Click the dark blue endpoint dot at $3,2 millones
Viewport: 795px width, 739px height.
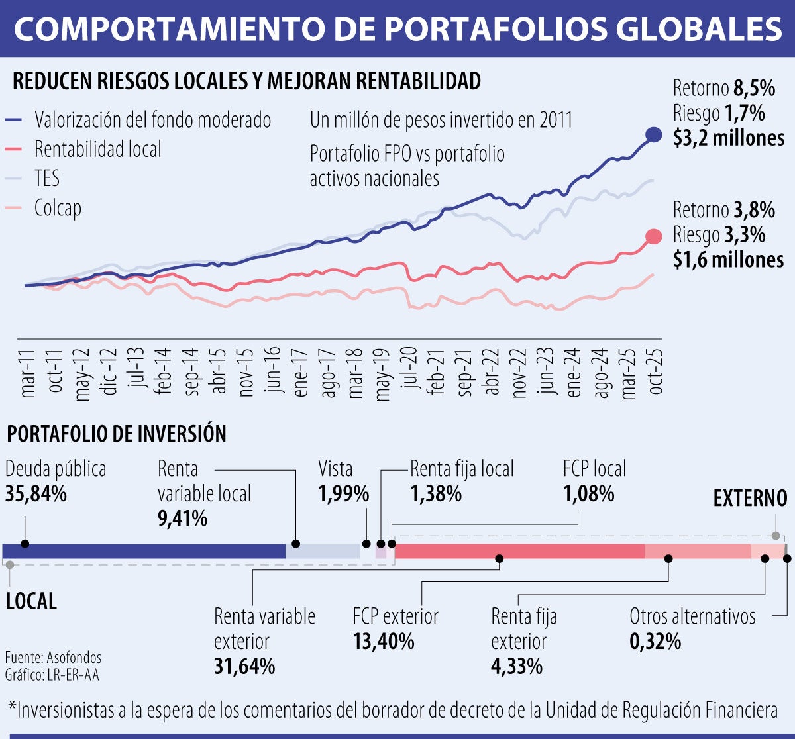pyautogui.click(x=653, y=134)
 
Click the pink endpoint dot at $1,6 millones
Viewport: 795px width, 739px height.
pyautogui.click(x=653, y=237)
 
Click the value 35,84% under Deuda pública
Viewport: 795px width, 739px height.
pyautogui.click(x=36, y=494)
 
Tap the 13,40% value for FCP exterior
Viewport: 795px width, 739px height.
pyautogui.click(x=384, y=642)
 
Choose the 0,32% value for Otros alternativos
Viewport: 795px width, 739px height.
pyautogui.click(x=655, y=642)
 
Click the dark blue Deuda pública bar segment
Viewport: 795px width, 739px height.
pyautogui.click(x=144, y=551)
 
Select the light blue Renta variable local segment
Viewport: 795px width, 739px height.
pyautogui.click(x=323, y=551)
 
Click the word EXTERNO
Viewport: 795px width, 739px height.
pyautogui.click(x=750, y=499)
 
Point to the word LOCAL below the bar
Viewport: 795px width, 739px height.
pyautogui.click(x=31, y=601)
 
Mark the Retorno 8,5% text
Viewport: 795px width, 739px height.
pyautogui.click(x=723, y=88)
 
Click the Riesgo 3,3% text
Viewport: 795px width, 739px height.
pyautogui.click(x=719, y=235)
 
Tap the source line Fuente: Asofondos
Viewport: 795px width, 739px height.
pyautogui.click(x=53, y=658)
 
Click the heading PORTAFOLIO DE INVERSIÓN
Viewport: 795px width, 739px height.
pyautogui.click(x=117, y=434)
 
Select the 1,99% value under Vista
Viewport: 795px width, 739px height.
pyautogui.click(x=343, y=494)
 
